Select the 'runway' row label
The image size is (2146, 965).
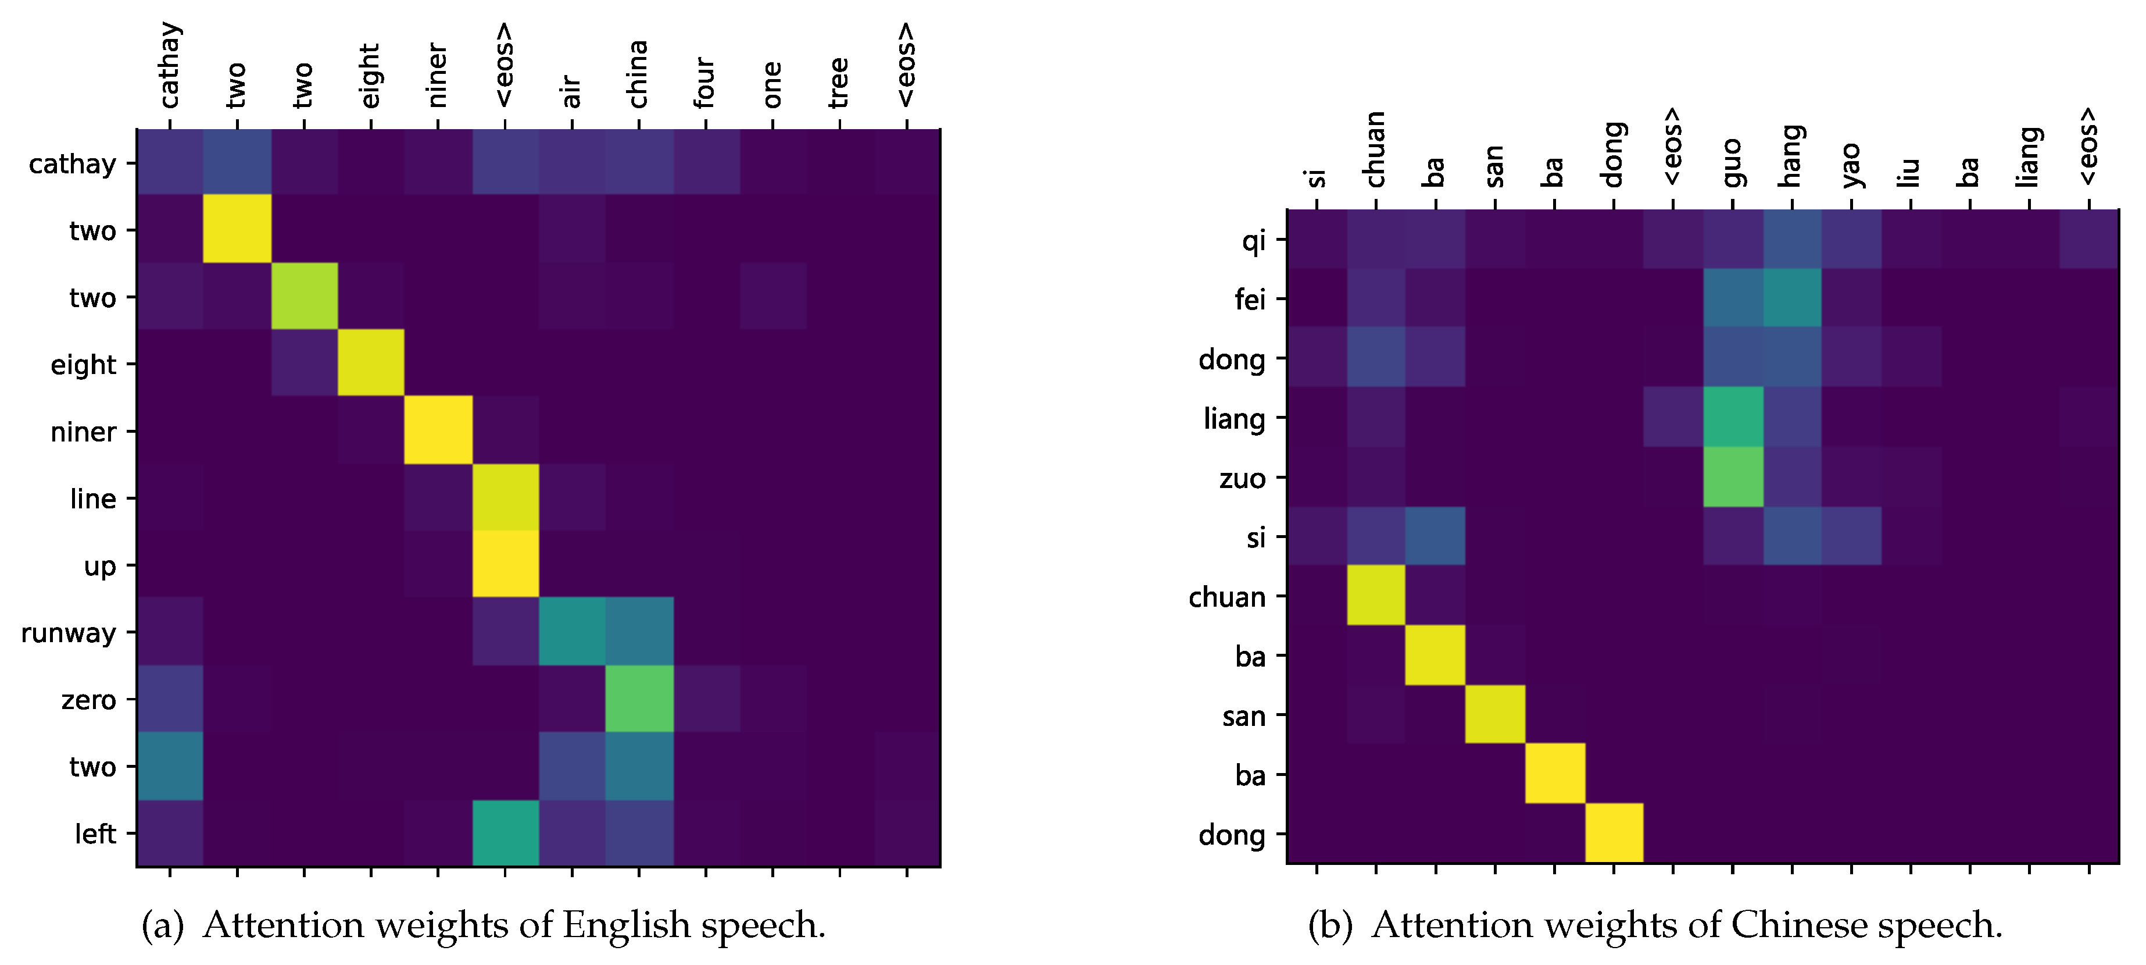click(69, 633)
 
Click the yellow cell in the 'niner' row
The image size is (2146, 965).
click(438, 430)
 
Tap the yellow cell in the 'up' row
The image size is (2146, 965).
click(506, 564)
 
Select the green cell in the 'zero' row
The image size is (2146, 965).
click(639, 699)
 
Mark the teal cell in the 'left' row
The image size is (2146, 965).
click(506, 832)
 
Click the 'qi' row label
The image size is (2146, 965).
click(1253, 241)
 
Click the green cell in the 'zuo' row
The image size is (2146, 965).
click(1733, 476)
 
